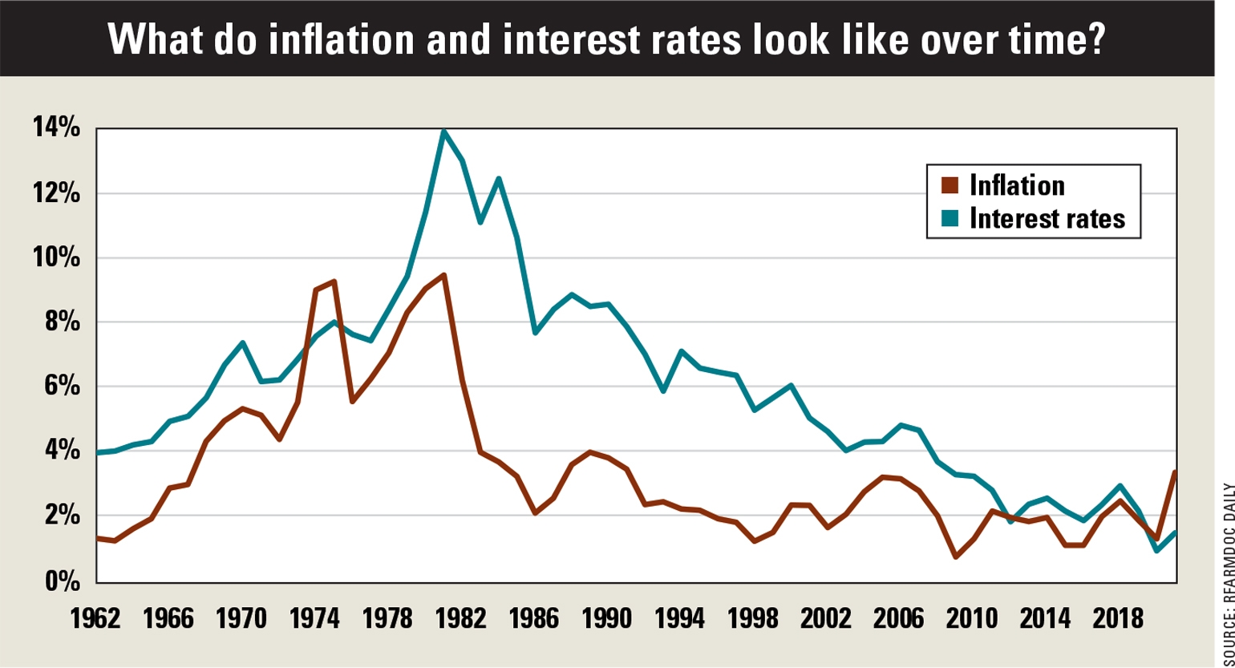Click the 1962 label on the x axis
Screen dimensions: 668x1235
coord(96,620)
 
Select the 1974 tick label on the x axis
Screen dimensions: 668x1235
coord(316,620)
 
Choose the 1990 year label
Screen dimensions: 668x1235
coord(608,620)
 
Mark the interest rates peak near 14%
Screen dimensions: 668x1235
coord(443,131)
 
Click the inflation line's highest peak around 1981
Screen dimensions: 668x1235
coord(443,275)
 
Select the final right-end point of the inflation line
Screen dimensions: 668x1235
coord(1175,472)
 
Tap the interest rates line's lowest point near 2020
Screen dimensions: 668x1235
coord(1156,550)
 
